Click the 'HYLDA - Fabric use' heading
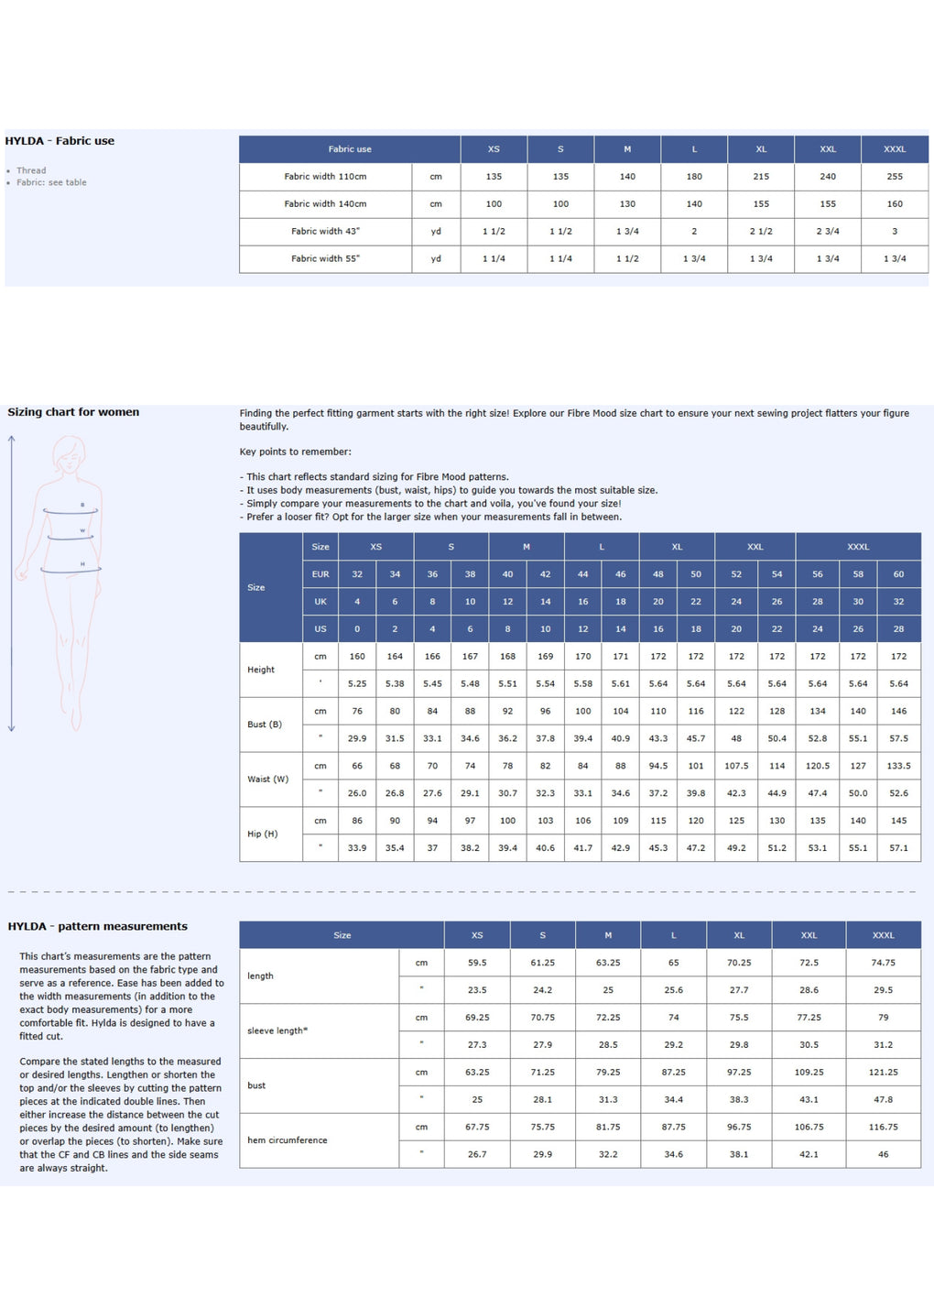(x=60, y=141)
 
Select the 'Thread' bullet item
(x=31, y=170)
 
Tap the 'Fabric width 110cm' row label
(x=325, y=177)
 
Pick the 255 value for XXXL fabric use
(x=895, y=177)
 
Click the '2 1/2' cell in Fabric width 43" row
(x=761, y=232)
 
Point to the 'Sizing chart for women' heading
(x=73, y=412)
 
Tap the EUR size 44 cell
(x=582, y=574)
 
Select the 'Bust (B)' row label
(x=265, y=725)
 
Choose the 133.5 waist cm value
(x=898, y=766)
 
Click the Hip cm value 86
(x=357, y=821)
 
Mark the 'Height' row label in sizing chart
(x=261, y=670)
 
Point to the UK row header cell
(x=320, y=602)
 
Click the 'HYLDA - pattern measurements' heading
(x=97, y=927)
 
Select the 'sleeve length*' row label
(x=277, y=1030)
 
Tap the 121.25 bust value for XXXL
(x=883, y=1072)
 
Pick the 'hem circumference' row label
(x=287, y=1140)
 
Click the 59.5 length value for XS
(x=477, y=963)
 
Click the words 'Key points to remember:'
(x=295, y=452)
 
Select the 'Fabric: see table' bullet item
(x=51, y=182)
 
